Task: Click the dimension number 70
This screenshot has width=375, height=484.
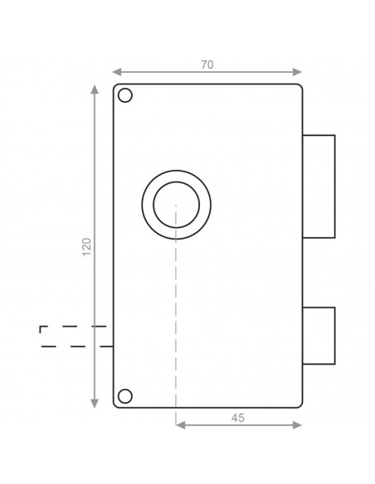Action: coord(207,64)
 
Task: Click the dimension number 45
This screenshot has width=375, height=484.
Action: coord(238,419)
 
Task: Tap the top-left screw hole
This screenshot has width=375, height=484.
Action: coord(125,96)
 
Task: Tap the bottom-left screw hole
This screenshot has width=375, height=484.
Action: coord(125,394)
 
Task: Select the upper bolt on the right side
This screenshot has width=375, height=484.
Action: coord(319,185)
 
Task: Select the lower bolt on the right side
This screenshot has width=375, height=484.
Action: coord(319,335)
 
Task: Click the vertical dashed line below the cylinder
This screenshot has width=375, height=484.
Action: coord(176,315)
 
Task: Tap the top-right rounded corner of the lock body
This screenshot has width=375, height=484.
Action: coord(299,87)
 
